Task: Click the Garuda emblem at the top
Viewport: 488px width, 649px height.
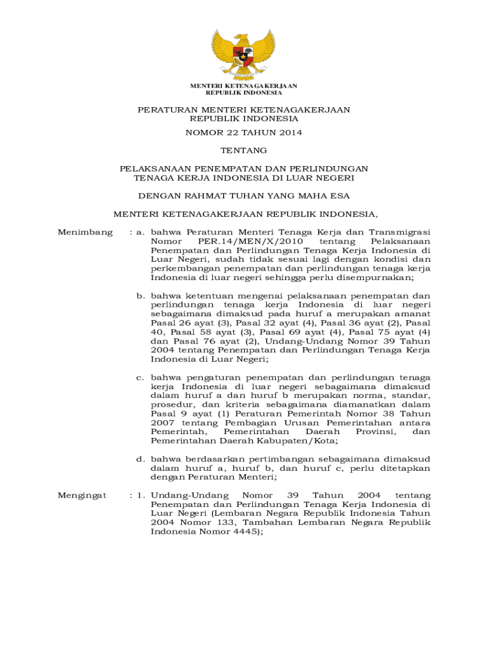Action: [x=244, y=54]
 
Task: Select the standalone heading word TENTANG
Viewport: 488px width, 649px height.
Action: [x=244, y=151]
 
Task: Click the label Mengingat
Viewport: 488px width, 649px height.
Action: [x=82, y=495]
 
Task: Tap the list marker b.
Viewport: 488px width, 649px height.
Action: [x=142, y=296]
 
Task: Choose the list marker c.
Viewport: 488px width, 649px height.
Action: [x=142, y=378]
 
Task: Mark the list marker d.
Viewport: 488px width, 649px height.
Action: [x=142, y=459]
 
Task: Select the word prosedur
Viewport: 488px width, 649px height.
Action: [x=170, y=404]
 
